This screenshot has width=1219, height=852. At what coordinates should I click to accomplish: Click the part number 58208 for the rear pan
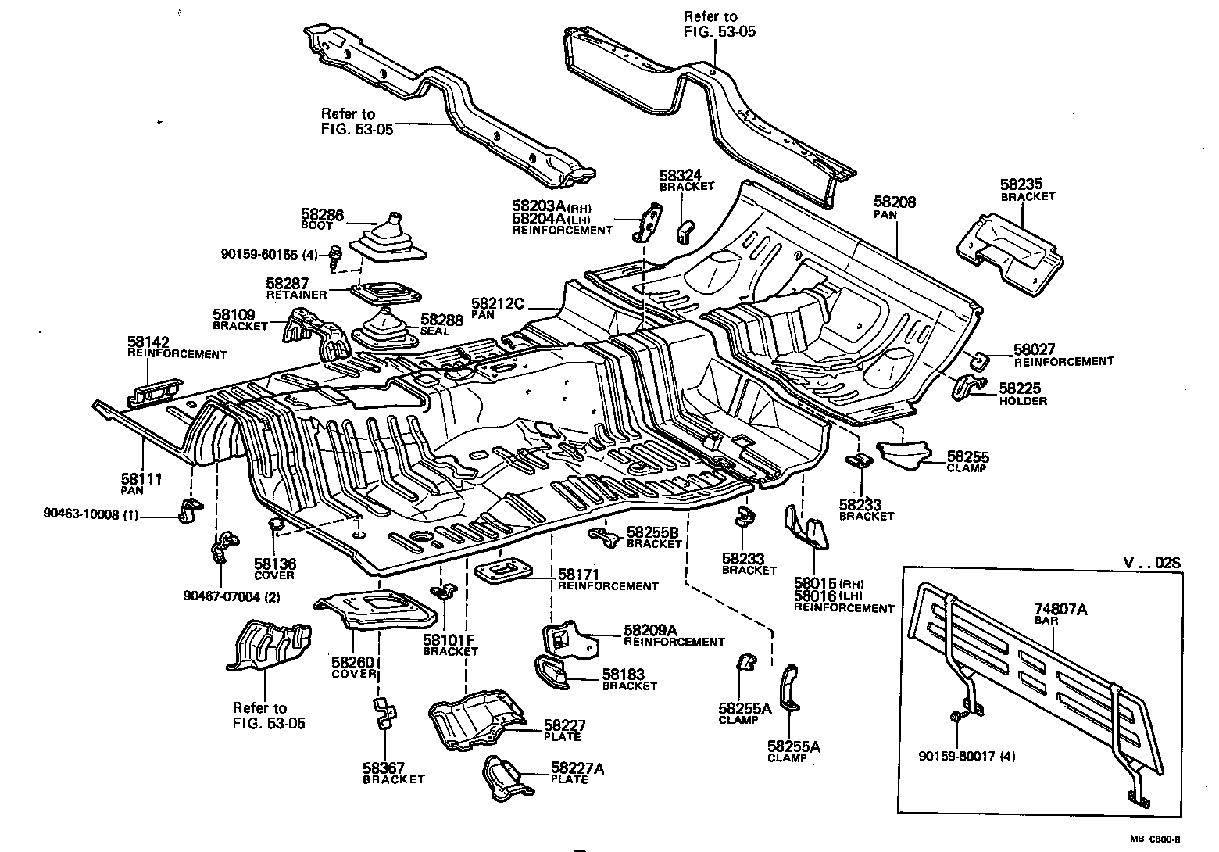click(895, 202)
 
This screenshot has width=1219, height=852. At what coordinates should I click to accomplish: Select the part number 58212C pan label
click(498, 302)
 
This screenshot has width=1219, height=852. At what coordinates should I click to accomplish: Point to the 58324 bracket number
click(681, 176)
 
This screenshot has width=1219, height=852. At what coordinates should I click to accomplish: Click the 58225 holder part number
click(1021, 388)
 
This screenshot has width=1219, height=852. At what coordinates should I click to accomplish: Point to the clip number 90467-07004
click(223, 597)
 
